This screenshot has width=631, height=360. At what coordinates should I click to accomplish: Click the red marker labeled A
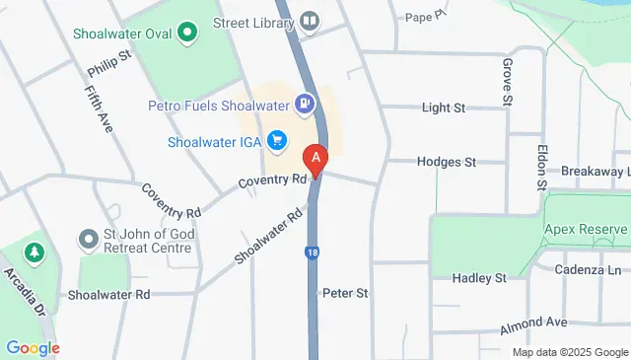[x=315, y=158]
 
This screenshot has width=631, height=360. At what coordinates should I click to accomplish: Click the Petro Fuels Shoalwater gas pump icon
[x=305, y=103]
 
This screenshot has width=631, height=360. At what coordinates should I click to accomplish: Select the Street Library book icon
[x=310, y=20]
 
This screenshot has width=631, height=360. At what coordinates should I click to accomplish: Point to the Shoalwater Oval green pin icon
[x=184, y=32]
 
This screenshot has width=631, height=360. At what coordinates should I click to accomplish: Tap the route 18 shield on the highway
[x=311, y=253]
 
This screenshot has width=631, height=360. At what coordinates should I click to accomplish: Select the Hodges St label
[x=446, y=161]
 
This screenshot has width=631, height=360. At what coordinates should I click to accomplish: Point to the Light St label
[x=443, y=108]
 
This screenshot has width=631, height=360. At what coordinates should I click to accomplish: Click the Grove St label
[x=507, y=81]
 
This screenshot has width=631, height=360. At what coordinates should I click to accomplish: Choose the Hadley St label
[x=478, y=279]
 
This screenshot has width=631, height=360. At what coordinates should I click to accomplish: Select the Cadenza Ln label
[x=587, y=270]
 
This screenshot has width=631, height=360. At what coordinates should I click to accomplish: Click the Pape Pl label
[x=425, y=17]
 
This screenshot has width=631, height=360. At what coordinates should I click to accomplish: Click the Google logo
[x=33, y=347]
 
